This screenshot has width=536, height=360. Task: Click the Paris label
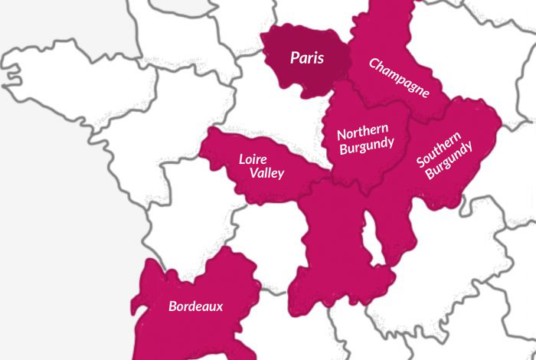(x=306, y=58)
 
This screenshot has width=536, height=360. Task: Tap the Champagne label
(x=399, y=77)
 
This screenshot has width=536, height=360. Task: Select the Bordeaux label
(x=196, y=306)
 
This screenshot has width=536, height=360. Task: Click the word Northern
(x=363, y=129)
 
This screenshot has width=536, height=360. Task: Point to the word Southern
(x=439, y=150)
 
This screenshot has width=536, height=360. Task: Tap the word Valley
(x=266, y=173)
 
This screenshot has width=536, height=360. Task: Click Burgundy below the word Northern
(x=367, y=143)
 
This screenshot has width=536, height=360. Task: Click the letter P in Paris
(x=293, y=58)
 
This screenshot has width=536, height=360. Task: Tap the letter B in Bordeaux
(x=172, y=306)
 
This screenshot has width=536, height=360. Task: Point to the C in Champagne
(x=374, y=63)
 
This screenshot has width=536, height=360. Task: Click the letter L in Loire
(x=242, y=159)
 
